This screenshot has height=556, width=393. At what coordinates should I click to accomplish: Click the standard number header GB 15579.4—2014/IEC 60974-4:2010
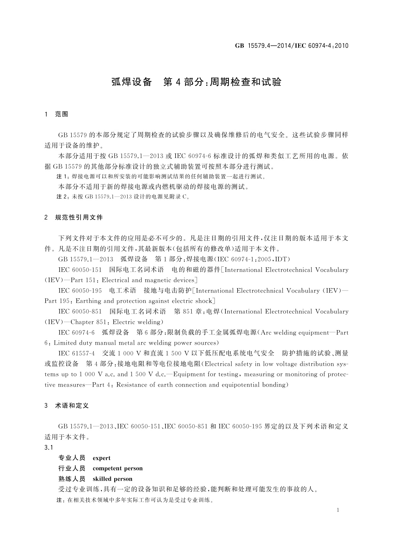click(x=291, y=46)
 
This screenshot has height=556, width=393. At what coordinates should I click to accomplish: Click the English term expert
click(x=102, y=458)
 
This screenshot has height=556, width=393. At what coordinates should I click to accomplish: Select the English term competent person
click(x=117, y=468)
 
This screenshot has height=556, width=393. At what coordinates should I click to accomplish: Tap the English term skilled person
click(x=112, y=479)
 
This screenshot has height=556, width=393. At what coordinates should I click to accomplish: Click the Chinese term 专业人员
click(x=72, y=458)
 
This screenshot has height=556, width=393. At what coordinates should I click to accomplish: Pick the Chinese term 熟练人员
click(x=72, y=479)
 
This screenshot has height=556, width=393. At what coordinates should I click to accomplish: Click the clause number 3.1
click(x=49, y=447)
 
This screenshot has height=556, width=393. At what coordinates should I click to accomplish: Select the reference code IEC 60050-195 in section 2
click(x=80, y=291)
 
